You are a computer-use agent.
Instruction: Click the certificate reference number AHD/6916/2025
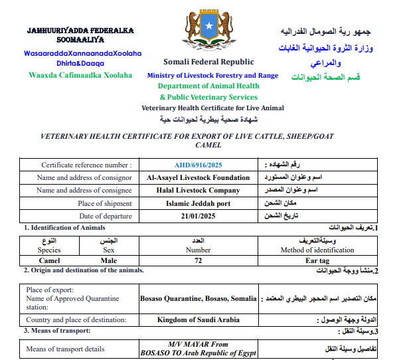click(x=199, y=165)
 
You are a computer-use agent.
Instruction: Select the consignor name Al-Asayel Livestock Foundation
click(x=199, y=177)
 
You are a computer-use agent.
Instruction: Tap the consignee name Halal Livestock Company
click(x=199, y=191)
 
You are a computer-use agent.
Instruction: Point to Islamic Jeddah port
click(x=199, y=203)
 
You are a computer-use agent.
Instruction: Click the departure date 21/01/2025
click(x=199, y=216)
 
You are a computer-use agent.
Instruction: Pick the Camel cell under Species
click(x=49, y=261)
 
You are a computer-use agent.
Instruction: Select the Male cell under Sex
click(x=109, y=261)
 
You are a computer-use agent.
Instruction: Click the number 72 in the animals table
click(x=198, y=261)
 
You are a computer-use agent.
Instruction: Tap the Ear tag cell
click(x=317, y=261)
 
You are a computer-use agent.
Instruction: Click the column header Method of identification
click(x=317, y=250)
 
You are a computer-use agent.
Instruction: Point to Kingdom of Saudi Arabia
click(x=199, y=319)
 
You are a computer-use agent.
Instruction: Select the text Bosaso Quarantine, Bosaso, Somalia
click(x=199, y=298)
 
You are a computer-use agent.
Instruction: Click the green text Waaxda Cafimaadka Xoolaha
click(x=80, y=75)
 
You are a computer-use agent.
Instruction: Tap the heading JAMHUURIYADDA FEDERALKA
click(x=80, y=31)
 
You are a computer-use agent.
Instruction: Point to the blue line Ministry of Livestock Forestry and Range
click(x=213, y=76)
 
